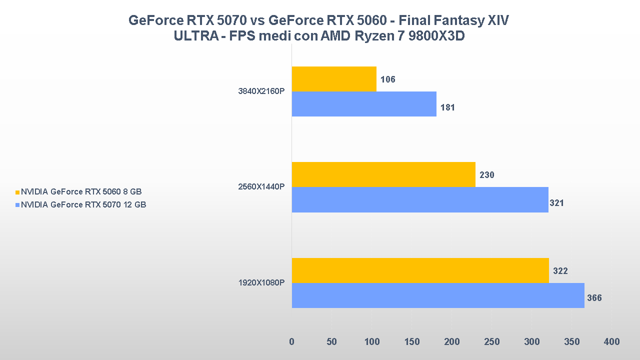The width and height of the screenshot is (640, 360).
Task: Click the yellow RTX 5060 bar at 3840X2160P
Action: click(334, 79)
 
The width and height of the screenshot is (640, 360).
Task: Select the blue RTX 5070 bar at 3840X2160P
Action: click(364, 104)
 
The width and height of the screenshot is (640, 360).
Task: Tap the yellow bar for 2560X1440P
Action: click(383, 174)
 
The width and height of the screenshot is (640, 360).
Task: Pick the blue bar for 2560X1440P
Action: click(420, 199)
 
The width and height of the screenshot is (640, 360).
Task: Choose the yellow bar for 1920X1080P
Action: click(420, 270)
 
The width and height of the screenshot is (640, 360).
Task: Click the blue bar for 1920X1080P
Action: click(438, 295)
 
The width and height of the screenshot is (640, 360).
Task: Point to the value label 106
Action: click(387, 79)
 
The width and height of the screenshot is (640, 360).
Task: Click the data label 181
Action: click(447, 107)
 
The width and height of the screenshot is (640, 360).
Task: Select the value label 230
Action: click(486, 175)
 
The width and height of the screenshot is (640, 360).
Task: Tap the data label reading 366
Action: click(594, 298)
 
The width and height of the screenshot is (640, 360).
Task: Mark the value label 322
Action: click(560, 271)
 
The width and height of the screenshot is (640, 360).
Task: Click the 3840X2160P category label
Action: click(261, 91)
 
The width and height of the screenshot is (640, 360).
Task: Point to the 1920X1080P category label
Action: click(261, 283)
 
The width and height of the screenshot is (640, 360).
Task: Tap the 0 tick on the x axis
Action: click(291, 342)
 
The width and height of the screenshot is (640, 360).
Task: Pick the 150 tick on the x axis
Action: click(411, 342)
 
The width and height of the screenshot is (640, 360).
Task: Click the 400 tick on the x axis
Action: click(611, 342)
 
